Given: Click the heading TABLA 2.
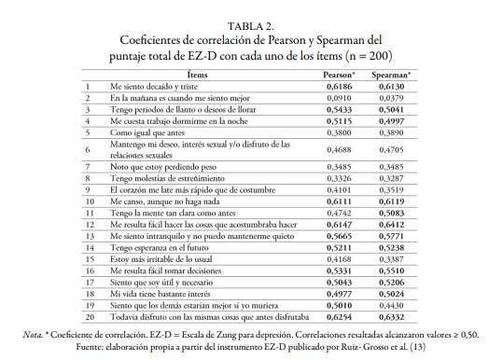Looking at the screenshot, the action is pyautogui.click(x=244, y=25).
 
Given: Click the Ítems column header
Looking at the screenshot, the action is pyautogui.click(x=197, y=73).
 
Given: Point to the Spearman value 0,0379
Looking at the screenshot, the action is pyautogui.click(x=393, y=96).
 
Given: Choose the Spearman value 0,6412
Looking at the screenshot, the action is pyautogui.click(x=393, y=225).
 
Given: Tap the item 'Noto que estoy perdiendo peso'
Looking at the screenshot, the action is pyautogui.click(x=158, y=165).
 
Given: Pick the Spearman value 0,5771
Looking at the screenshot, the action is pyautogui.click(x=393, y=237).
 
